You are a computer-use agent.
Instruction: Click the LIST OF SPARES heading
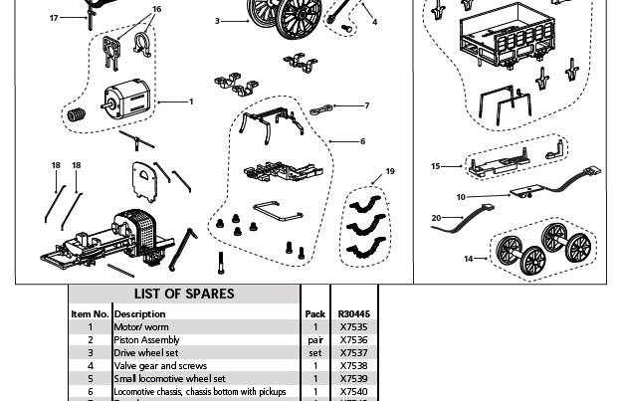click(x=184, y=295)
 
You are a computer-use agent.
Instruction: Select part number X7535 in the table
click(x=353, y=326)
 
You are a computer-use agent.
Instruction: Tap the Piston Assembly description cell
click(x=146, y=339)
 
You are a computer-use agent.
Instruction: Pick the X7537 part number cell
click(x=353, y=352)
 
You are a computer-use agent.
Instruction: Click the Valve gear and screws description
click(x=160, y=365)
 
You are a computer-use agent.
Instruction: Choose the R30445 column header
click(x=353, y=313)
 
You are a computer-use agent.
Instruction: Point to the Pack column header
click(x=314, y=313)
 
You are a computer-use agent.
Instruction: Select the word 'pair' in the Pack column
click(x=314, y=339)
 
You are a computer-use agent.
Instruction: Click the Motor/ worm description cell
click(x=142, y=326)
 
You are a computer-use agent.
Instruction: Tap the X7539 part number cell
click(x=353, y=378)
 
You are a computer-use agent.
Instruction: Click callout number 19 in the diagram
click(x=390, y=172)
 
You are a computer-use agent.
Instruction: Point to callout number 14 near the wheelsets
click(x=468, y=259)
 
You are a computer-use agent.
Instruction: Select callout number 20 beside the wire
click(x=436, y=218)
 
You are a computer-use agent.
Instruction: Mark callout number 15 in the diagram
click(x=435, y=166)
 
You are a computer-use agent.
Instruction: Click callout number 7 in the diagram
click(x=366, y=105)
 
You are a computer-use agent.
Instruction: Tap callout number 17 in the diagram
click(x=54, y=18)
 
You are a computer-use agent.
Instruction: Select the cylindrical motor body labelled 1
click(x=121, y=100)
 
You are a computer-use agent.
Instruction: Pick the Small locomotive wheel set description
click(x=169, y=378)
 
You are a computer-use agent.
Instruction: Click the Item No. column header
click(x=89, y=313)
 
